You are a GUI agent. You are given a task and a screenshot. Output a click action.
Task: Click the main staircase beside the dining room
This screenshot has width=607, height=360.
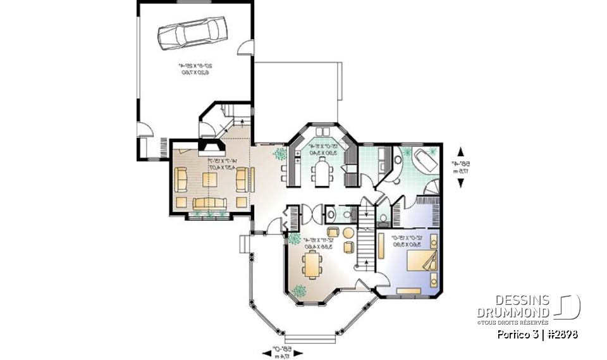point(366,247)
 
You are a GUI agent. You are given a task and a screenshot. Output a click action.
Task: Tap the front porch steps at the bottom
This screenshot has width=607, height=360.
point(308,338)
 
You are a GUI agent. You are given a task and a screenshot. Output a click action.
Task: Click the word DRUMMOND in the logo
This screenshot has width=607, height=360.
point(513,313)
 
